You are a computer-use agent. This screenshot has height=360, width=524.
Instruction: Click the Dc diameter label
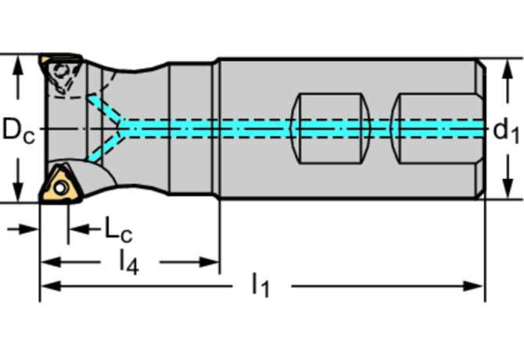pos(17,130)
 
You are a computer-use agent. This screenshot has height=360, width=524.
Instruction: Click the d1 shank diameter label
pos(506,131)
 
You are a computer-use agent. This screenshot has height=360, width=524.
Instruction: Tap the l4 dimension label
pos(128,262)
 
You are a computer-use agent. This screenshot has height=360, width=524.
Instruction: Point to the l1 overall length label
pos(260,286)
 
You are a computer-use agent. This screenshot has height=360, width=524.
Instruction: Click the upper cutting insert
pos(61,72)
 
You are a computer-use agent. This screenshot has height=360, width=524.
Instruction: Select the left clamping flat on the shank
pos(333,129)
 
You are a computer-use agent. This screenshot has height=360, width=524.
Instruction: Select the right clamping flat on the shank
pos(435,129)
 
